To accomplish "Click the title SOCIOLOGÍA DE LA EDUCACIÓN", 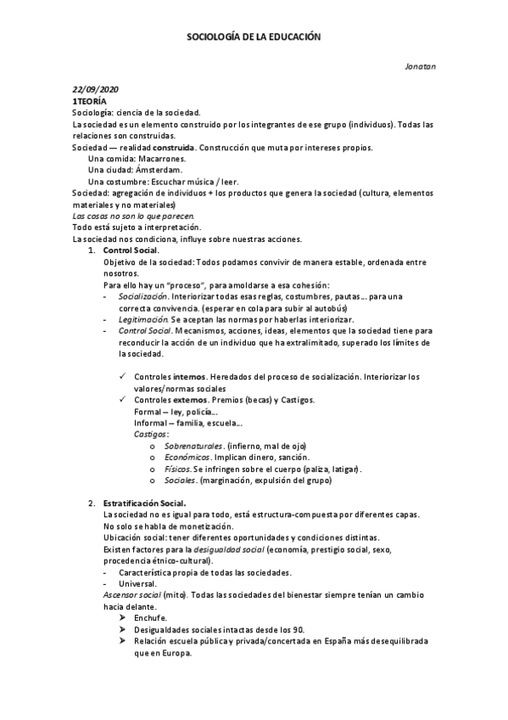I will coord(254,37).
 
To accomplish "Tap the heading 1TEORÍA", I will coord(90,101).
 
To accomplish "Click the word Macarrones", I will coord(163,159).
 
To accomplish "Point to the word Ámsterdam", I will coord(159,170).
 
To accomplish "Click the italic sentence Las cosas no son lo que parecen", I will coord(127,216).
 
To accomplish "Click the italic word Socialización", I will coord(142,295).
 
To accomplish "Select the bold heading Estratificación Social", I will coord(144,503).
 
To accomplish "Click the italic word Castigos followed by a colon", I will coord(152,434).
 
